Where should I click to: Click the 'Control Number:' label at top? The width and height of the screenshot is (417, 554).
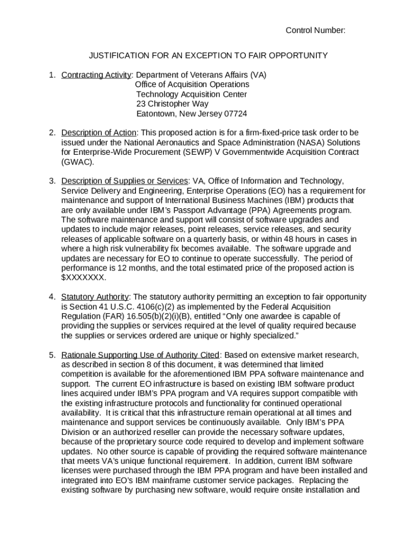pos(315,30)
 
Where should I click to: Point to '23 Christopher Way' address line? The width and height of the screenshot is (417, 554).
pos(172,104)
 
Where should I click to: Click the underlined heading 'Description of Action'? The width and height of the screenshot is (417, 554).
pos(100,133)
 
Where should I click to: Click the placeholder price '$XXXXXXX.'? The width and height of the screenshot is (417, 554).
pos(84,278)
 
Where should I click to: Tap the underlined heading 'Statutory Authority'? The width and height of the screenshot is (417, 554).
pos(95,297)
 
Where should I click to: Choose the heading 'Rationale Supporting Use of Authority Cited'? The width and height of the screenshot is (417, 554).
pos(140,355)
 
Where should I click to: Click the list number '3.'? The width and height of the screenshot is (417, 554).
pos(53,181)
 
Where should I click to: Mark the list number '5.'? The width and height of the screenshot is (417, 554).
pos(53,355)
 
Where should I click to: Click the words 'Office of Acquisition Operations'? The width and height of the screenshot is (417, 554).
pos(192,84)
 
